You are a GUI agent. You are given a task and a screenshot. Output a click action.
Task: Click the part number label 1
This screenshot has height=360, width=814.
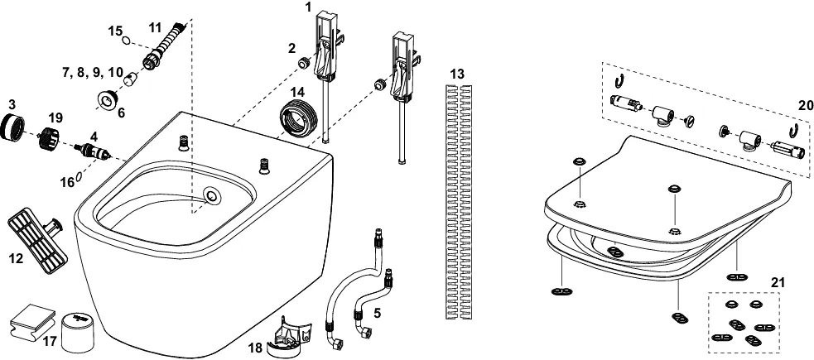click(308, 7)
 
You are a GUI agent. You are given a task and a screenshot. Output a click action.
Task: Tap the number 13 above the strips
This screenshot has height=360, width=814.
click(458, 74)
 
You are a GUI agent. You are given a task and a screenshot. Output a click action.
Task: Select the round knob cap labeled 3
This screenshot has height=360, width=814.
click(17, 128)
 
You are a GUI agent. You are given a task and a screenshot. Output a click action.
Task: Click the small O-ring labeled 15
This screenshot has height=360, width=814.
click(124, 40)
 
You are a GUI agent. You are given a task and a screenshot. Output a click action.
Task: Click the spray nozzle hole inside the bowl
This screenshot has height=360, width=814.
click(213, 197)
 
